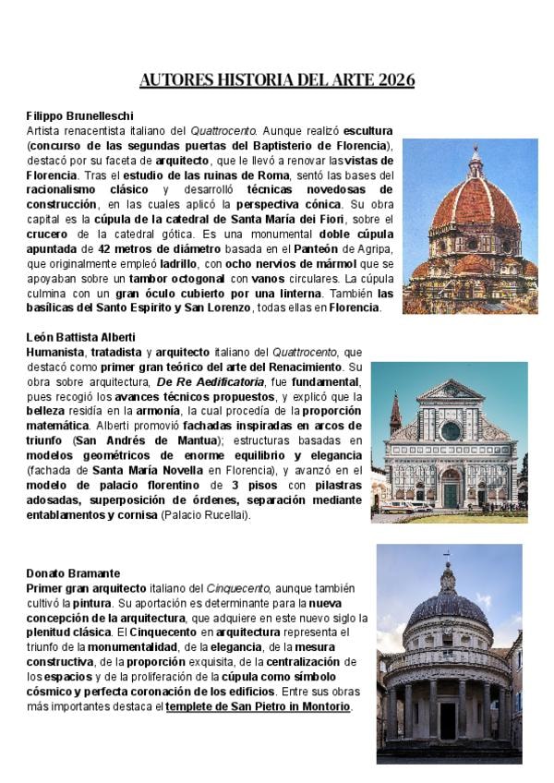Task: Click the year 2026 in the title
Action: pos(396,80)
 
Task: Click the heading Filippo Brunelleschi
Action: pos(79,116)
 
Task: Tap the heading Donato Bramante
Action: pos(73,573)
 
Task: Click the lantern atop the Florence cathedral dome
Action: pos(476,163)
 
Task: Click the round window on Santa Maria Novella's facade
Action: pos(450,430)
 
